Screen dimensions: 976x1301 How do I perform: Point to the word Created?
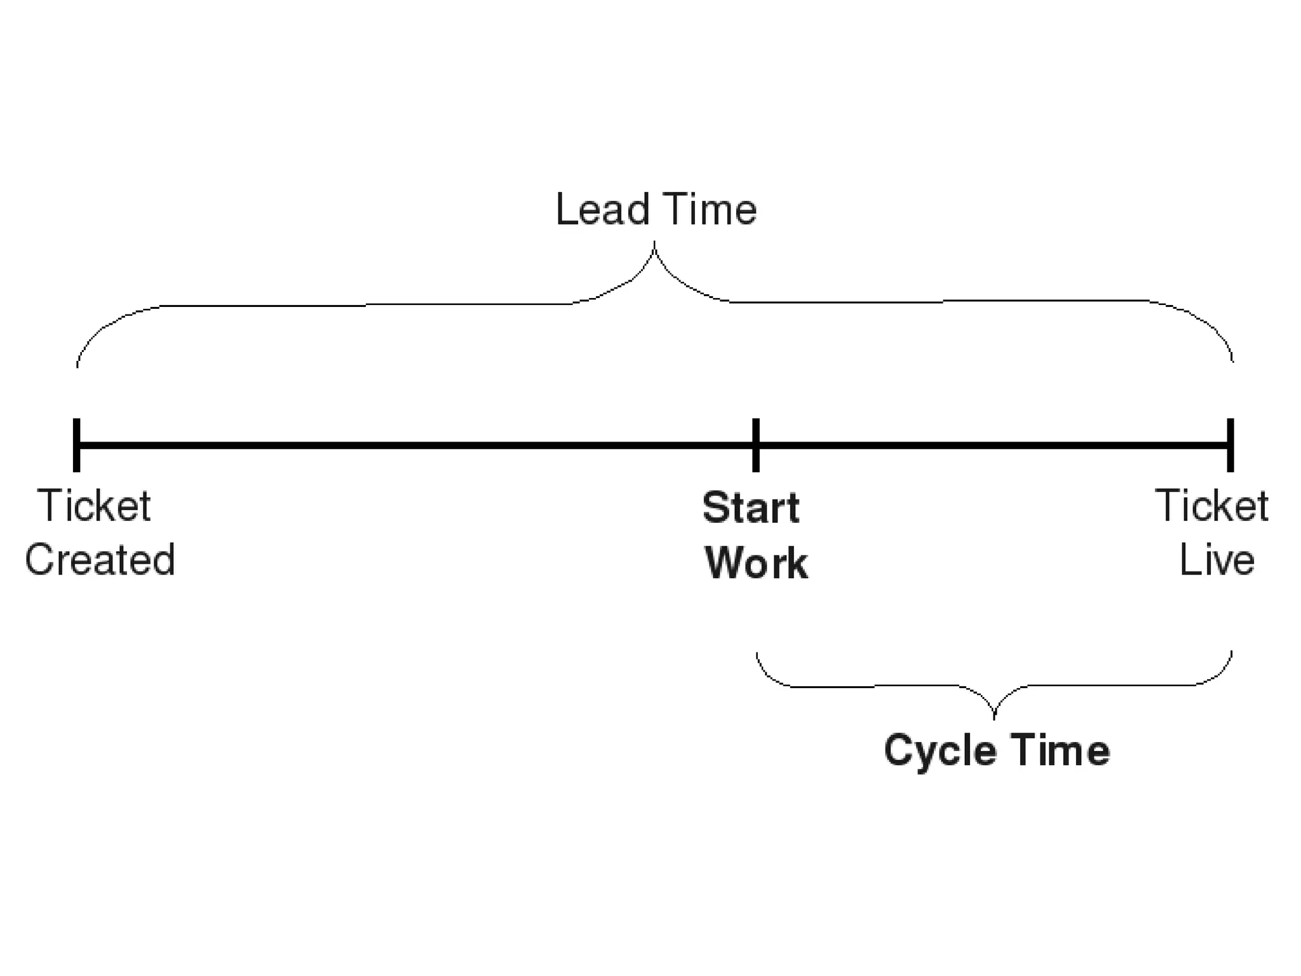100,560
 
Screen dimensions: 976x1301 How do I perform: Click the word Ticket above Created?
94,506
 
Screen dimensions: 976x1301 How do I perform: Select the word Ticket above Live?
1211,506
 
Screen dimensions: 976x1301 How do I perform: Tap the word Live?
1217,560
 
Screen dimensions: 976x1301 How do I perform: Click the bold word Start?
751,508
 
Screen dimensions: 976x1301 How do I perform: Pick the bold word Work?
756,563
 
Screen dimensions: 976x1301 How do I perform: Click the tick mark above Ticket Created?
77,445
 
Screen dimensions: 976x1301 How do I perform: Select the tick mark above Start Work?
756,445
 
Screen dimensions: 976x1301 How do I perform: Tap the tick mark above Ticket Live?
1230,445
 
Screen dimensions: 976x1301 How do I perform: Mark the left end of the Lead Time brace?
78,366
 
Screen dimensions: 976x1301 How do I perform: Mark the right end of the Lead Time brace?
1232,360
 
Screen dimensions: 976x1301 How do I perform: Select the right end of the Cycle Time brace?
1231,653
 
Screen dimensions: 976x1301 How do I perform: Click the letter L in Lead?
565,209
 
